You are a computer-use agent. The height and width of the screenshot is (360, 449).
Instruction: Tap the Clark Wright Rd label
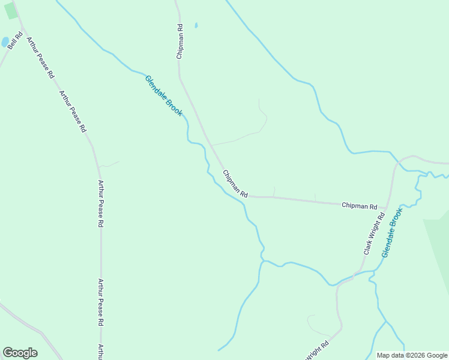click(373, 233)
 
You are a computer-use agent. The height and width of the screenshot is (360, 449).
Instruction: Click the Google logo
click(20, 353)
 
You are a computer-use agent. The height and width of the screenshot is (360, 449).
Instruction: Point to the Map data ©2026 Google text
click(412, 355)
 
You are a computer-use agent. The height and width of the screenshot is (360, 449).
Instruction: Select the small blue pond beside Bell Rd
click(5, 42)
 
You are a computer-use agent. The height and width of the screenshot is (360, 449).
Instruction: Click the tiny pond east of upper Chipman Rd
click(196, 26)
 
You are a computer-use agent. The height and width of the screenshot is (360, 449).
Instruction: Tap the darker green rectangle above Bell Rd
click(11, 11)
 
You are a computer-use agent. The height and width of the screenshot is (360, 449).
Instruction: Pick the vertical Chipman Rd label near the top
click(179, 41)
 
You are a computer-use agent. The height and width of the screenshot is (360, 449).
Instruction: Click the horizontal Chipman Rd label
click(359, 205)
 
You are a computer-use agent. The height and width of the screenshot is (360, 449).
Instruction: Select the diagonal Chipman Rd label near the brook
click(235, 184)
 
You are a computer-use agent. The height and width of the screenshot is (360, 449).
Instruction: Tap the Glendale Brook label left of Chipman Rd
click(163, 95)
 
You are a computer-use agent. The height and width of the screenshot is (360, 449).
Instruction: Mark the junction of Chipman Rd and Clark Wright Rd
click(387, 208)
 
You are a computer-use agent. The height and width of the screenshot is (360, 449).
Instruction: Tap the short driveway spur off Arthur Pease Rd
click(109, 164)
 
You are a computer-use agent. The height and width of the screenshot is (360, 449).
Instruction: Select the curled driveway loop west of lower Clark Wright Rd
click(315, 324)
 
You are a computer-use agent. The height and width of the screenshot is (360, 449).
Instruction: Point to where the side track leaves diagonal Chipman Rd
click(211, 145)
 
